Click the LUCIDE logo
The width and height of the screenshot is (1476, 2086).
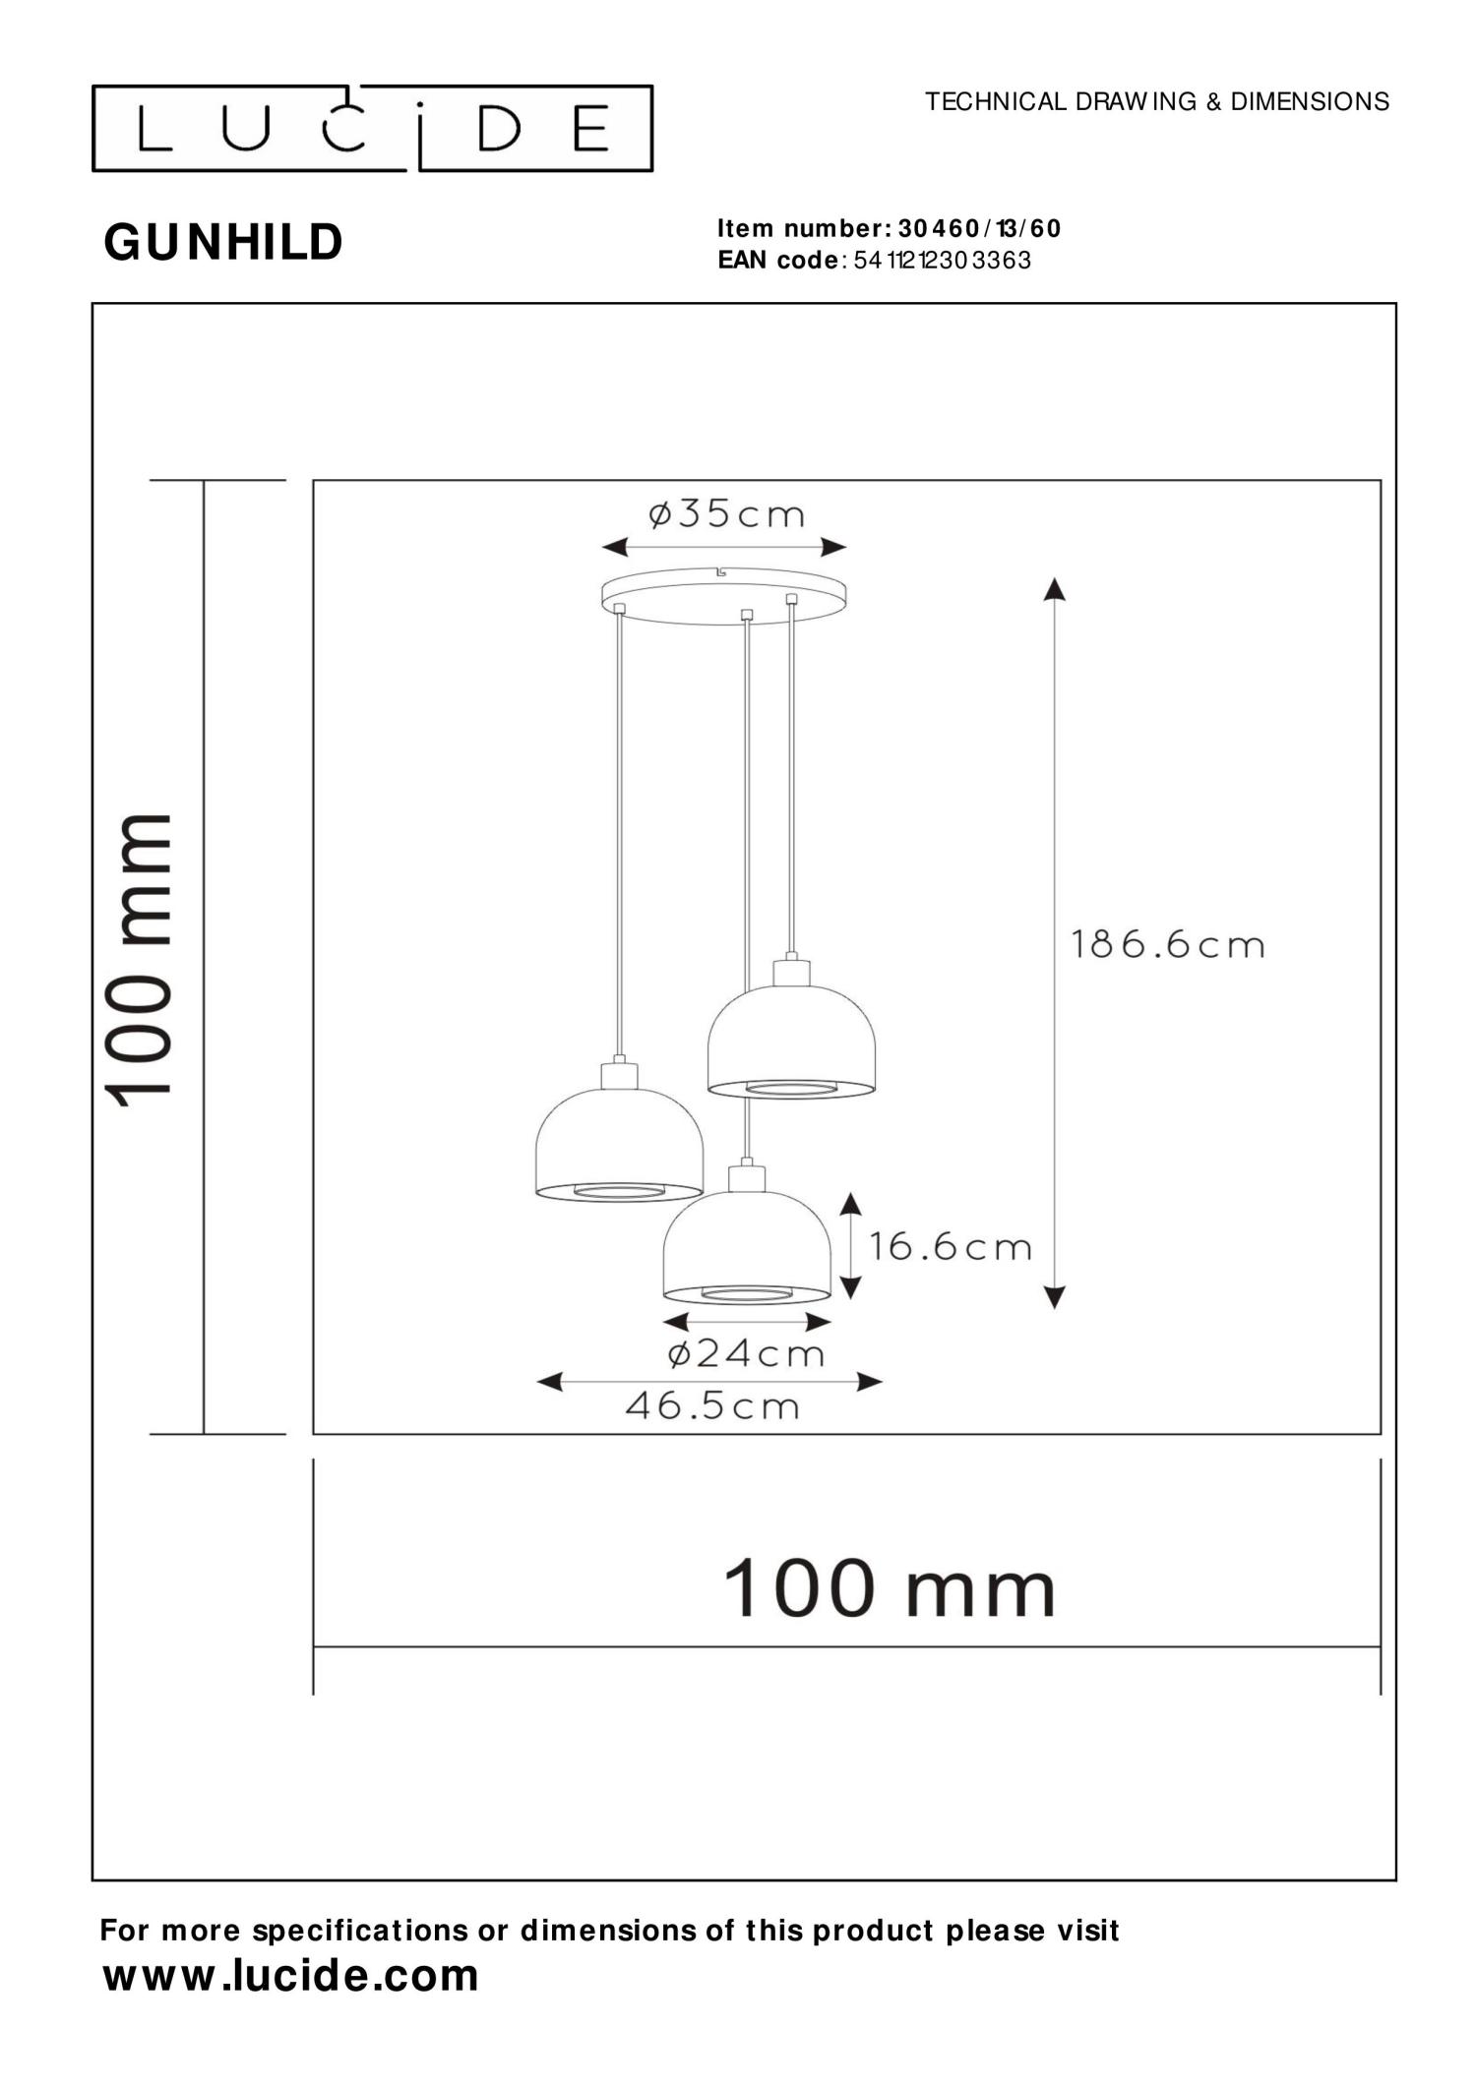372,129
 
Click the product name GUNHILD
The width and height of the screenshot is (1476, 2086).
223,242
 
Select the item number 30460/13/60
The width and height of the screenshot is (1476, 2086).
980,229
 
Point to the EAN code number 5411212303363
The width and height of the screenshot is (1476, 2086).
943,261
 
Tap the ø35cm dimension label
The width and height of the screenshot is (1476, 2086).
725,513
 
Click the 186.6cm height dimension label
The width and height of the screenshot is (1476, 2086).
1167,945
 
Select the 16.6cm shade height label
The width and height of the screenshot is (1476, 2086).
950,1247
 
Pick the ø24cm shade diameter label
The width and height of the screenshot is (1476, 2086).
746,1353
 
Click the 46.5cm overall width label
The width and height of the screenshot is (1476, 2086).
712,1405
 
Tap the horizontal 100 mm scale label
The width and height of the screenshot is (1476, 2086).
890,1588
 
